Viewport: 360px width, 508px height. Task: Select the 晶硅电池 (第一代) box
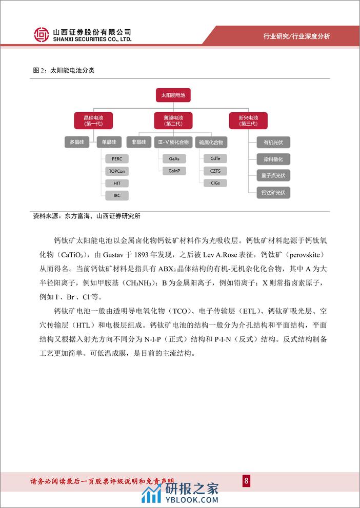(x=93, y=120)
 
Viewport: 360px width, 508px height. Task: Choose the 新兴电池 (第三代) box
(x=248, y=120)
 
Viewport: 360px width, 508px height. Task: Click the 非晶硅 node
(x=138, y=141)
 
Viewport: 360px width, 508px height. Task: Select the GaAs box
(x=174, y=159)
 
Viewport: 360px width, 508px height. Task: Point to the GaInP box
(x=174, y=171)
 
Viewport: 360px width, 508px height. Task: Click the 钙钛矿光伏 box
(x=273, y=192)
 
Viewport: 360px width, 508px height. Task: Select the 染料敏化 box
(x=273, y=159)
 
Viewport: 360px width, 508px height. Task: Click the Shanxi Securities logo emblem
(x=42, y=35)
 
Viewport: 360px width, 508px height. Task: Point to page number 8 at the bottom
(x=246, y=480)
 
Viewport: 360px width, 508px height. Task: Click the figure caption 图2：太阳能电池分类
(x=63, y=71)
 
